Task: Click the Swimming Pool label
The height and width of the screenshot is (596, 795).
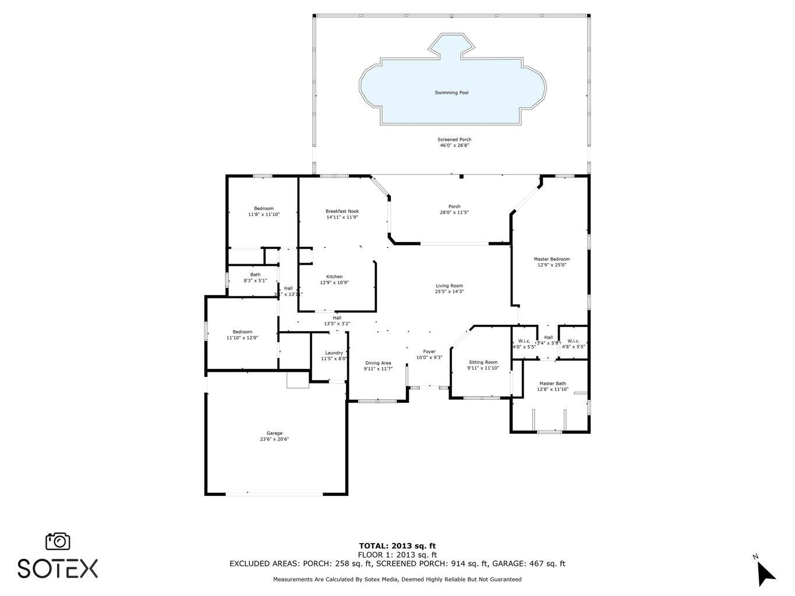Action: click(x=451, y=93)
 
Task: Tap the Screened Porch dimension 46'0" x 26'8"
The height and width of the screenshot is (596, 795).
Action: click(x=454, y=146)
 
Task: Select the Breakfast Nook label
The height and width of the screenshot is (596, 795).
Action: click(x=342, y=211)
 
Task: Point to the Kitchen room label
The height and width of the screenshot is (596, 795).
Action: click(x=334, y=276)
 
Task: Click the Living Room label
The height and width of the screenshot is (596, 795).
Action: click(x=449, y=286)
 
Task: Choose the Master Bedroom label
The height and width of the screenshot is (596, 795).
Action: click(x=552, y=259)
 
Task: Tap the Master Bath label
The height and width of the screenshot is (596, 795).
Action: click(x=552, y=384)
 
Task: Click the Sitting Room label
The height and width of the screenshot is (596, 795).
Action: click(x=483, y=362)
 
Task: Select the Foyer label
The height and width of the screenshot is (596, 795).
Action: click(x=429, y=352)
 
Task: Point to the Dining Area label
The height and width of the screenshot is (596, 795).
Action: click(x=378, y=363)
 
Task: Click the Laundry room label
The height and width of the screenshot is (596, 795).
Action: click(x=334, y=353)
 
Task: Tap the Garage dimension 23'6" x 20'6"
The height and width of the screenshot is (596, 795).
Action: click(x=274, y=439)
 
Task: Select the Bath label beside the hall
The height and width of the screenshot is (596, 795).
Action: click(x=255, y=275)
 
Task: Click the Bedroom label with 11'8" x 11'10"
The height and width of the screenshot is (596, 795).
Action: click(x=264, y=208)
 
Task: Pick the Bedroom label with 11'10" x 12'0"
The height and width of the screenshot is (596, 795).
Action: click(x=242, y=332)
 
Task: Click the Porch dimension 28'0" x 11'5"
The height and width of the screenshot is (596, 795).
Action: click(x=454, y=212)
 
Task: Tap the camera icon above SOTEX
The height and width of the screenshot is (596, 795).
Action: click(x=58, y=541)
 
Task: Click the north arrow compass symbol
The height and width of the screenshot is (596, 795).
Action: click(x=765, y=572)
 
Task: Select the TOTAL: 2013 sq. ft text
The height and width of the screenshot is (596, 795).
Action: click(x=397, y=546)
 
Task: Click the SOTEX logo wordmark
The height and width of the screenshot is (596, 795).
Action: click(x=58, y=568)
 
